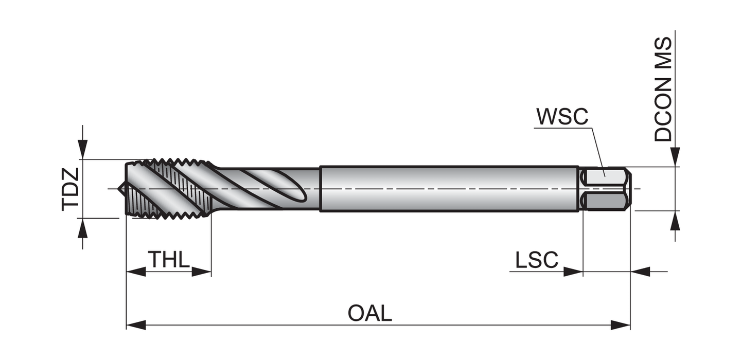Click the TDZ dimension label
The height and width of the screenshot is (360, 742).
[70, 189]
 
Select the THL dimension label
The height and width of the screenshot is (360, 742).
[169, 260]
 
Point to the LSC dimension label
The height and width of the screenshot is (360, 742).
[537, 260]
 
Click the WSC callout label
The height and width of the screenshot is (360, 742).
[562, 117]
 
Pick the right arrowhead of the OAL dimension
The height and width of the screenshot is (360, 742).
[621, 325]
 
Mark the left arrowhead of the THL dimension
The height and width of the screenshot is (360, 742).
[136, 272]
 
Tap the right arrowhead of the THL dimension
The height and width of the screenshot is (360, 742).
[202, 272]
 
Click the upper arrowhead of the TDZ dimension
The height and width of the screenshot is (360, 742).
[82, 150]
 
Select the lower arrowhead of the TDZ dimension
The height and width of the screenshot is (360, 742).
[82, 227]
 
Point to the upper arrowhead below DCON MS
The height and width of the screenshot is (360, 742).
[675, 157]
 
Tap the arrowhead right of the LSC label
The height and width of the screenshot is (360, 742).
[573, 272]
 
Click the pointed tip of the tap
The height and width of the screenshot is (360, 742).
[120, 189]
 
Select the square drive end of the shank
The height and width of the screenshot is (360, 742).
[606, 189]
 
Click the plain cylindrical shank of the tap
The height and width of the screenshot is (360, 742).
[448, 189]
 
